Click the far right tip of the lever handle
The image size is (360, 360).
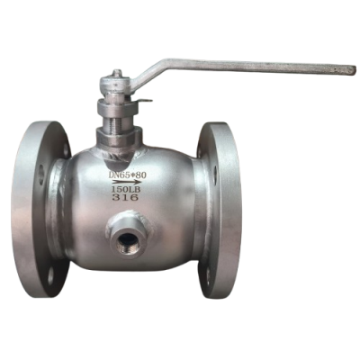tap(355, 70)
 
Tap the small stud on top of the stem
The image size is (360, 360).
tap(117, 73)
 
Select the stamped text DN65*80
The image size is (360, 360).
tap(128, 175)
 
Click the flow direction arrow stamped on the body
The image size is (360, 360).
tap(126, 182)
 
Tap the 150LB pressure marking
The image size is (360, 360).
tap(126, 189)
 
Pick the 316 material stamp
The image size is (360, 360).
tap(125, 197)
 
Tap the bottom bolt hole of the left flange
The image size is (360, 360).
tap(51, 275)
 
